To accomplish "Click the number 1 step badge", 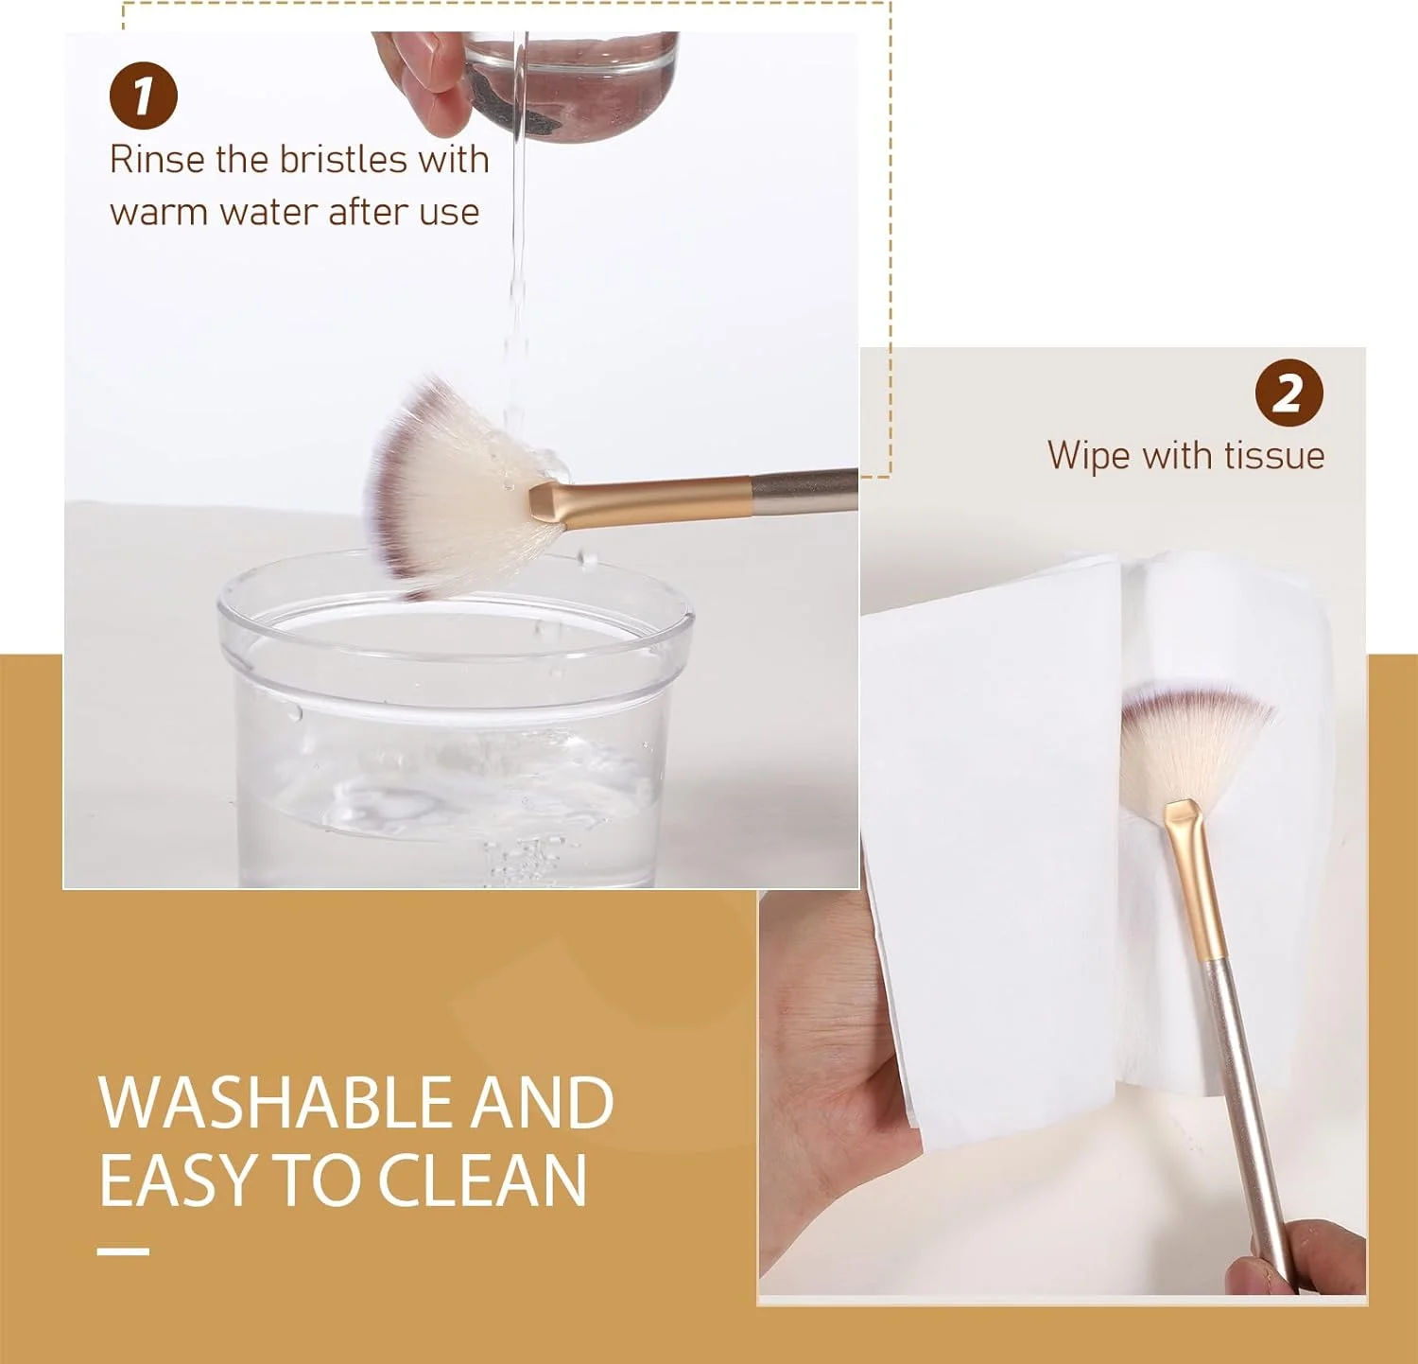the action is point(144,95).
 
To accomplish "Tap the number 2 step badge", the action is point(1288,393).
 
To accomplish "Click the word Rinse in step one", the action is point(157,159).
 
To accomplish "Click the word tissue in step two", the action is point(1273,455).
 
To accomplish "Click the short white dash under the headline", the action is point(123,1251).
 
